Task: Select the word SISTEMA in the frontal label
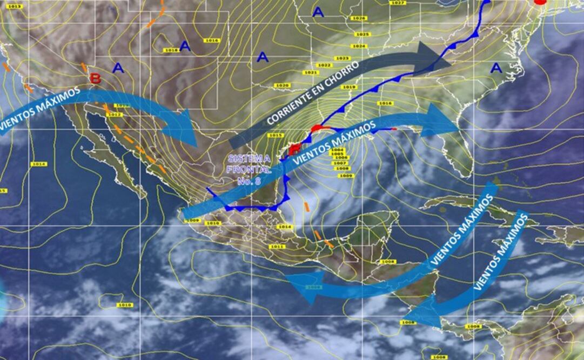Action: pos(249,158)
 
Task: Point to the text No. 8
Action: pos(249,181)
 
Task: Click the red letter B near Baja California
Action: pos(96,78)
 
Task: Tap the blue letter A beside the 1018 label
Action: pos(185,46)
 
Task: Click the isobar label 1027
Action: pos(398,3)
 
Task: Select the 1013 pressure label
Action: pos(15,6)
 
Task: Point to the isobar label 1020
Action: pos(281,85)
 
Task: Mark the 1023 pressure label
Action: pos(342,58)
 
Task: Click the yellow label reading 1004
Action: pos(338,150)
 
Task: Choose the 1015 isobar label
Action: pos(275,135)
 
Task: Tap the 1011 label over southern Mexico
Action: pos(277,246)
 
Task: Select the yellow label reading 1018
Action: pos(171,50)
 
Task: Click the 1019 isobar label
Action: pos(349,87)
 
